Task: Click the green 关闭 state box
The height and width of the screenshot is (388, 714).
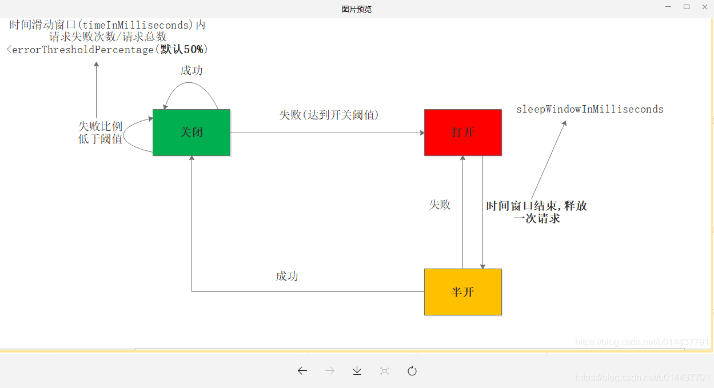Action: [191, 132]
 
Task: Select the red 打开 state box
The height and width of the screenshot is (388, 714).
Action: [462, 132]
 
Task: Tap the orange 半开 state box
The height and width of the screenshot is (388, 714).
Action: [462, 291]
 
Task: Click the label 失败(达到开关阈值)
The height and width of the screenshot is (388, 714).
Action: [329, 115]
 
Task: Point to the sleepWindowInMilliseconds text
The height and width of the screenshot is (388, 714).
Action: [589, 109]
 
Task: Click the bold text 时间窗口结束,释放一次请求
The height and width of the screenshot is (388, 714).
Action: [537, 212]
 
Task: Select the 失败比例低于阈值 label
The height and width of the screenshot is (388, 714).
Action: [101, 133]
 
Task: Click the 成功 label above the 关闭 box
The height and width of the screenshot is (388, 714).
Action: [192, 70]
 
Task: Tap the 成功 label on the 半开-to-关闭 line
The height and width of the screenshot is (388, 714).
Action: [287, 277]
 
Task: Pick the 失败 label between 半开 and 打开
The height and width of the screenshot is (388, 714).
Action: [440, 205]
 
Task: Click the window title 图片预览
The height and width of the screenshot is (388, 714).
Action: [357, 9]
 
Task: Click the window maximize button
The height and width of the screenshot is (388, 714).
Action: [687, 7]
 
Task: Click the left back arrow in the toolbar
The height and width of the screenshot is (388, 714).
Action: [302, 371]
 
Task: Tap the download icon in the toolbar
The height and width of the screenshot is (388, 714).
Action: [357, 371]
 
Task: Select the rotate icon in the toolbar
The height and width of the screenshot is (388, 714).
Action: [412, 371]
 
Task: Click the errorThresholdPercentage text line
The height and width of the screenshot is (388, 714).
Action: [107, 50]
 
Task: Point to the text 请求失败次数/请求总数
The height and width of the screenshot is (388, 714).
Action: [108, 37]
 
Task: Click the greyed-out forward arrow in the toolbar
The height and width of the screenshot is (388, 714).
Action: [330, 371]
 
